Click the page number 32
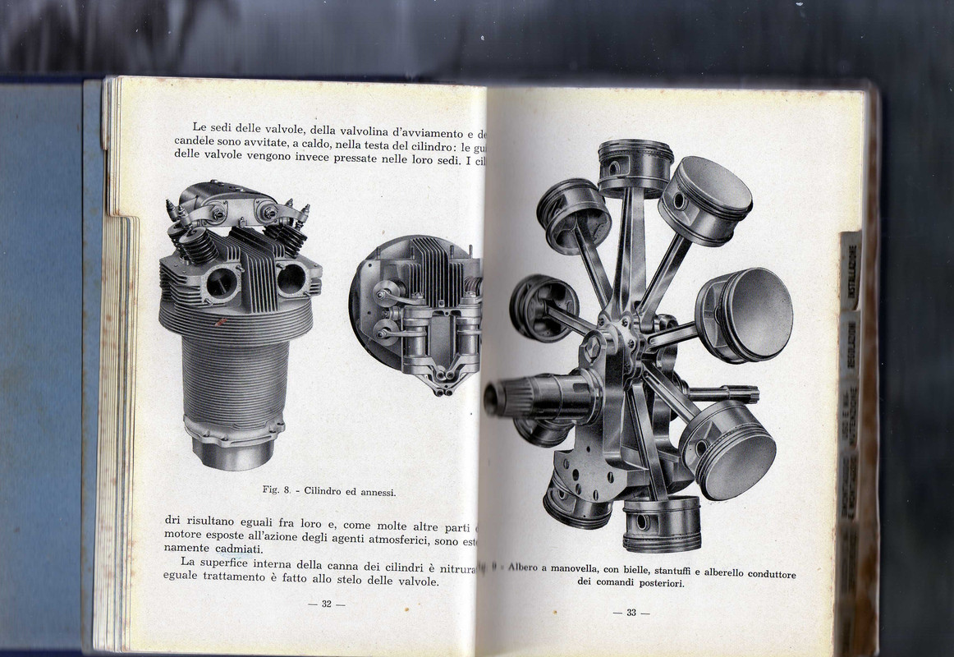326,604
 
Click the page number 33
631,612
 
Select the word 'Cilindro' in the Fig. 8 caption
327,491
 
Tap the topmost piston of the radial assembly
635,163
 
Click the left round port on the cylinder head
221,283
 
